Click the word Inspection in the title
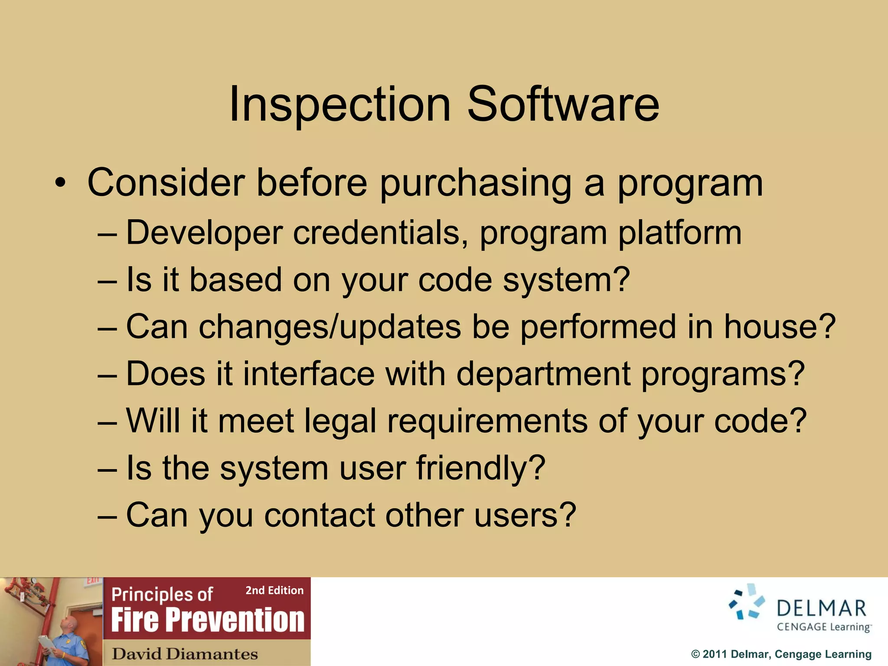[340, 104]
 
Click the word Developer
[204, 233]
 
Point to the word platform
[679, 233]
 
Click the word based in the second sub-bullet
[236, 280]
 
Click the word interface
[309, 374]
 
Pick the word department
[544, 374]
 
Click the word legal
[340, 421]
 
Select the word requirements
[487, 421]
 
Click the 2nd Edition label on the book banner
[274, 590]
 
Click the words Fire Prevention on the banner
[208, 620]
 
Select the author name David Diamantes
[185, 653]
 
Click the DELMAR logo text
[821, 608]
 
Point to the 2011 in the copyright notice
[715, 654]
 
